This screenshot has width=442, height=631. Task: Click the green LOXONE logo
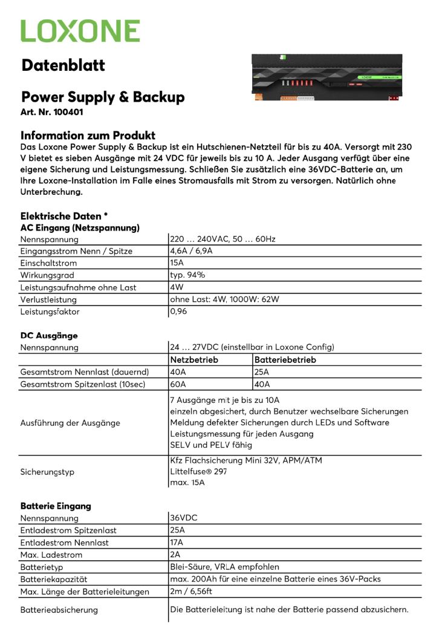[x=80, y=31]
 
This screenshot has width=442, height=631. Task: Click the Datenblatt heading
[x=63, y=65]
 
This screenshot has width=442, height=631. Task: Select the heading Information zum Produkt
[x=88, y=136]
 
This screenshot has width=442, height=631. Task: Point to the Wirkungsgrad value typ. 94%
[x=187, y=275]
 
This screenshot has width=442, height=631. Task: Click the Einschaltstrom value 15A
[x=177, y=263]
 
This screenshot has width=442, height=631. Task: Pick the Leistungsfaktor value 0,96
[x=180, y=312]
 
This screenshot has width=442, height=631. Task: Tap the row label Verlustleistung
[x=48, y=299]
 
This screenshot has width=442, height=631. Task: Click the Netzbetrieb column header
[x=194, y=359]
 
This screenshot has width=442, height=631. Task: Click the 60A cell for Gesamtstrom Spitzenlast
[x=178, y=384]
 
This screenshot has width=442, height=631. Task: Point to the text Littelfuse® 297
[x=198, y=471]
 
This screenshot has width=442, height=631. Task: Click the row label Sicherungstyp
[x=47, y=472]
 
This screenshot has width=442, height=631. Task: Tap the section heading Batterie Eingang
[x=56, y=506]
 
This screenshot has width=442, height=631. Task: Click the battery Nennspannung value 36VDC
[x=184, y=518]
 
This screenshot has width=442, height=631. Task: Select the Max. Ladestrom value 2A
[x=175, y=554]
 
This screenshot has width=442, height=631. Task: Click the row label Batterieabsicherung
[x=59, y=609]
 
